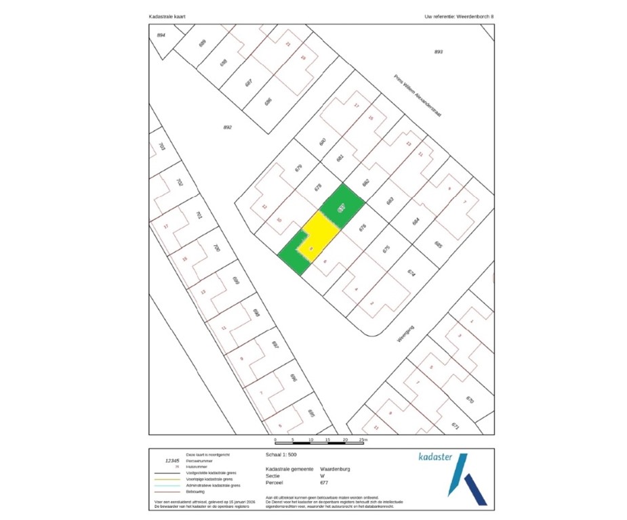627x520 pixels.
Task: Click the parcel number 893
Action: click(x=439, y=52)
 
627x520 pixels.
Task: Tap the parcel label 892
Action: click(x=228, y=127)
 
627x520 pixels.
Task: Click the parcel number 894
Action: click(x=161, y=35)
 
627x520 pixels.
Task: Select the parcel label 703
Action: click(x=161, y=147)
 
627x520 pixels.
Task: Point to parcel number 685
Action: click(x=438, y=244)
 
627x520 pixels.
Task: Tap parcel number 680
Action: click(x=323, y=142)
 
